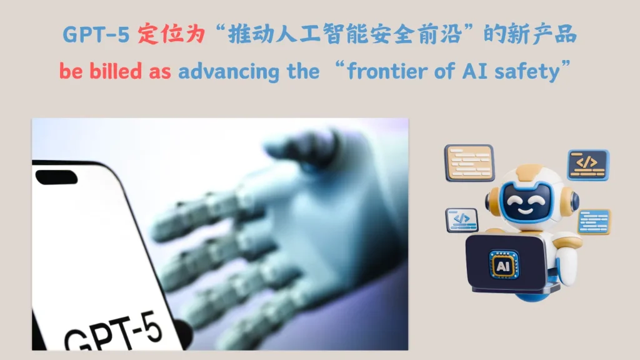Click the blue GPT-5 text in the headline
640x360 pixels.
[x=96, y=34]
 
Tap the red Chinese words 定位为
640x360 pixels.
[x=171, y=34]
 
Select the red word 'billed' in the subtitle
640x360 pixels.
[x=116, y=71]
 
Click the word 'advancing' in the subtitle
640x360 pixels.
[x=229, y=72]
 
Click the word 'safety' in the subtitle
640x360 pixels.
[x=527, y=72]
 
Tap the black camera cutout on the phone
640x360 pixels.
[x=56, y=177]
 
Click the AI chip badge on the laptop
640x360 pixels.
[x=504, y=266]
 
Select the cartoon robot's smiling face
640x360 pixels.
[x=525, y=202]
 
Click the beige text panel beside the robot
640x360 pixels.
[x=469, y=163]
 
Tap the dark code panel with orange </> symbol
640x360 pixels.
[x=588, y=165]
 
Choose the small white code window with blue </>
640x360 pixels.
[x=462, y=220]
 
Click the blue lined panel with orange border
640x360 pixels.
[x=594, y=222]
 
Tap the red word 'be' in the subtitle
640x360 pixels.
[x=71, y=71]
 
